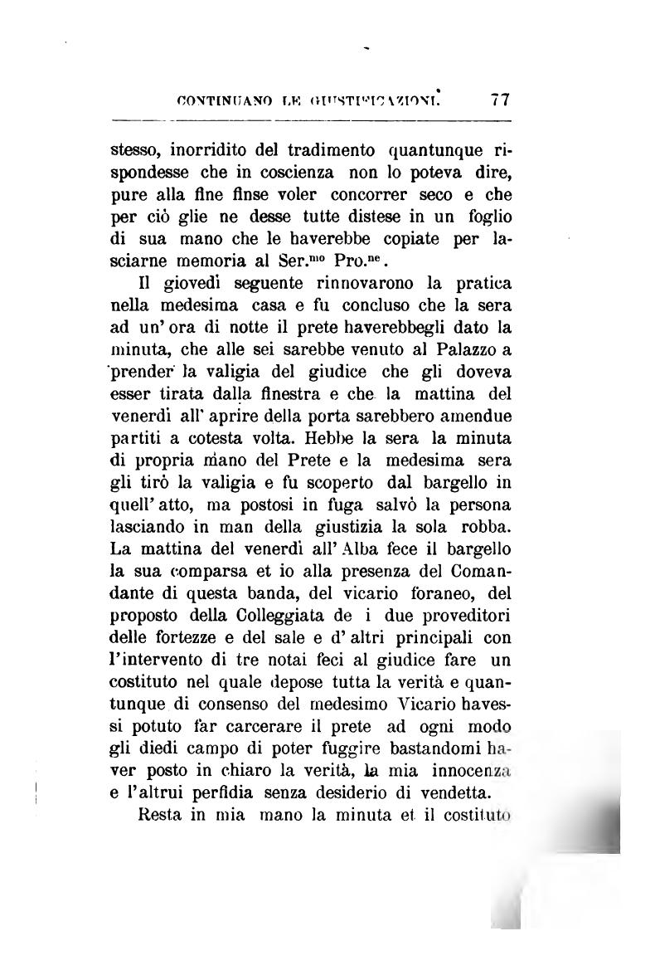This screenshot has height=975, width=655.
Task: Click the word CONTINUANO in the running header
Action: [x=218, y=100]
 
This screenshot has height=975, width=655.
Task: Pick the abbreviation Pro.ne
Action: [x=378, y=267]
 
